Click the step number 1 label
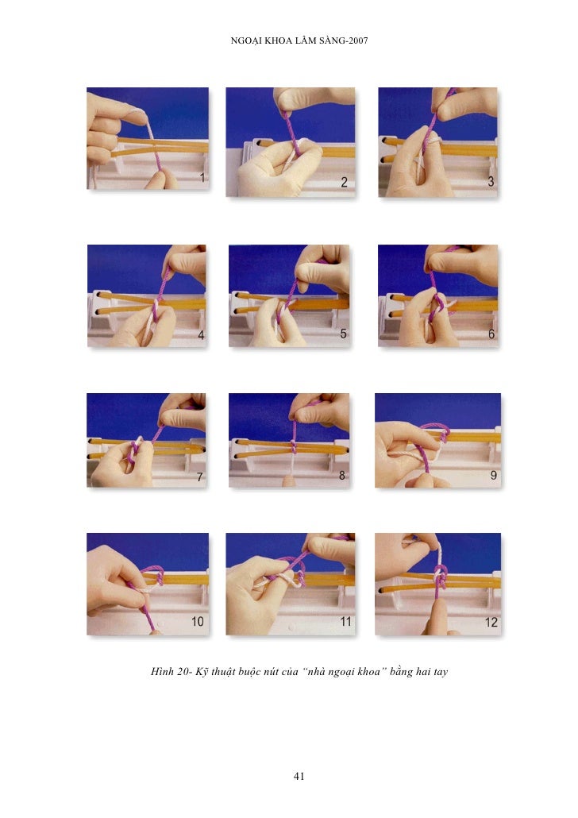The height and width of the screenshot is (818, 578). click(x=202, y=178)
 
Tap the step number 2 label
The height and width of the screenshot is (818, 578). click(x=344, y=182)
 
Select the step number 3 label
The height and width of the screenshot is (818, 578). click(x=491, y=182)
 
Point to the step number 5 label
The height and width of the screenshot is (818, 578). click(x=343, y=334)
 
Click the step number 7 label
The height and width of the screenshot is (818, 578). click(x=200, y=477)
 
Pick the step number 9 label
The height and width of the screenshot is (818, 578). click(x=493, y=475)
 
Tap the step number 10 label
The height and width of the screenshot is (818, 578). click(x=197, y=621)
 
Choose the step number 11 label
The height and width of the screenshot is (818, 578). click(x=345, y=621)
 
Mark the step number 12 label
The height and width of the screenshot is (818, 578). click(x=491, y=622)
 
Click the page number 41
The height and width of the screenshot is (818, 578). click(x=299, y=776)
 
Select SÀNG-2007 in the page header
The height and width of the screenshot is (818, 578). click(x=342, y=41)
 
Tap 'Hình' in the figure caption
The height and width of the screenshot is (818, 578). click(x=162, y=671)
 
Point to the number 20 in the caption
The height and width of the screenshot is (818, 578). click(x=183, y=671)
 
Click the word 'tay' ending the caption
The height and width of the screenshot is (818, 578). click(x=441, y=673)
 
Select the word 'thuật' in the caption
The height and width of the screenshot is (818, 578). click(x=223, y=671)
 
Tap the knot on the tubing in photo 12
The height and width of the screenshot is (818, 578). click(x=441, y=577)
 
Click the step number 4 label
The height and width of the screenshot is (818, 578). click(x=202, y=335)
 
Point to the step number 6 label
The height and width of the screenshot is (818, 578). click(x=491, y=334)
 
